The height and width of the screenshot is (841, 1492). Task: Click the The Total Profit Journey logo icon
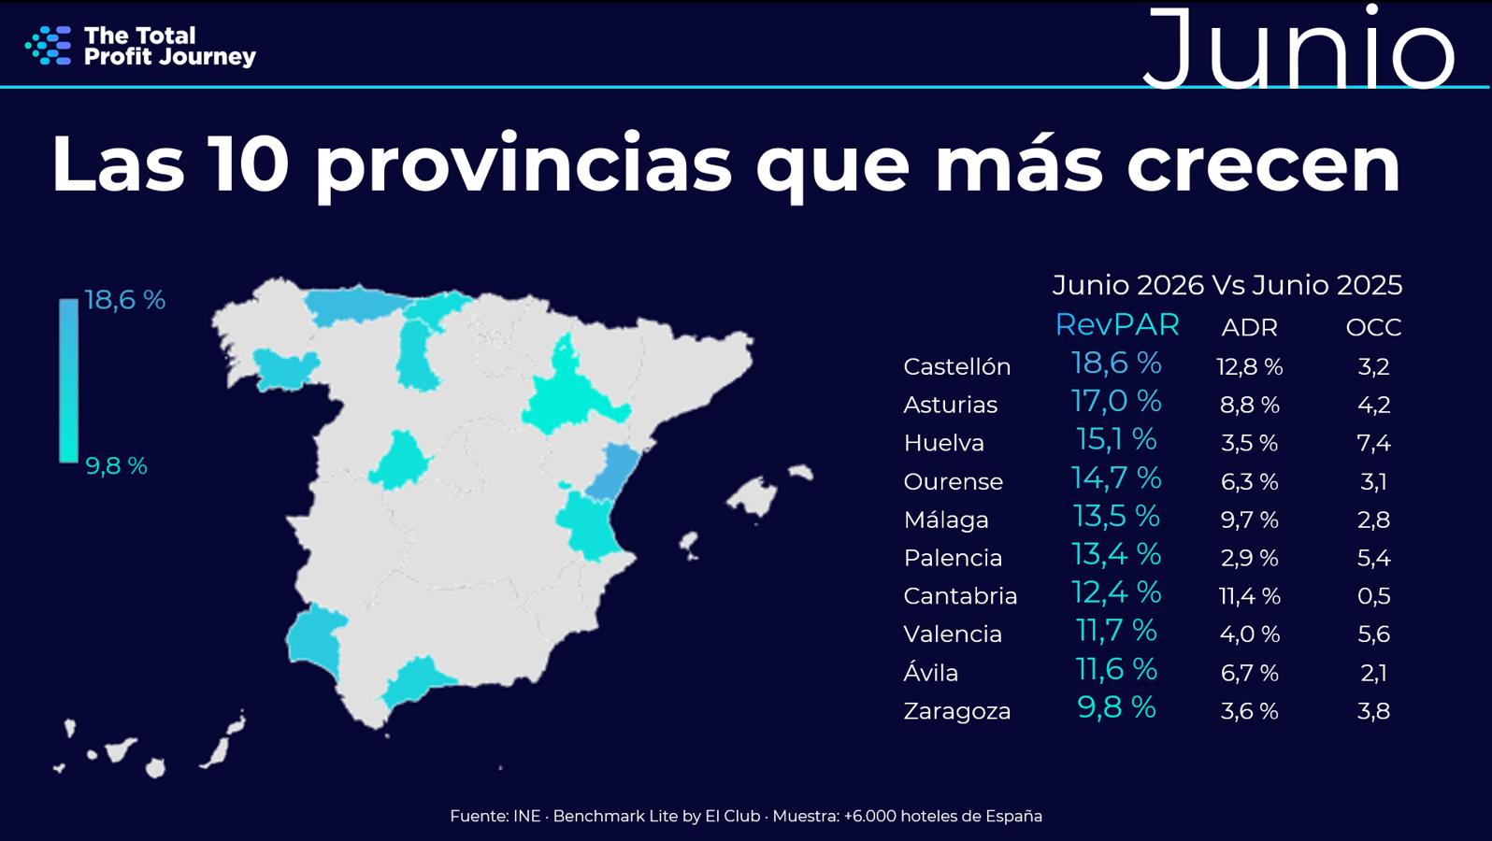[x=48, y=46]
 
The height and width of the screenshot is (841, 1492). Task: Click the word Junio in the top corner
[x=1298, y=48]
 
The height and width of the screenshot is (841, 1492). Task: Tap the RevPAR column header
[x=1117, y=325]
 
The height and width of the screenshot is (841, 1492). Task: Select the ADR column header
[x=1250, y=328]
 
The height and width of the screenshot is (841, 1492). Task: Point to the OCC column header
[x=1373, y=328]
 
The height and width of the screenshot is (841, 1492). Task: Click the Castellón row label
[x=957, y=367]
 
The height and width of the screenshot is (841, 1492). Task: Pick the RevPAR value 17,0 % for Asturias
[x=1116, y=402]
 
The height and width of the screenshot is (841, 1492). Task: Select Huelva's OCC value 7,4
[x=1373, y=443]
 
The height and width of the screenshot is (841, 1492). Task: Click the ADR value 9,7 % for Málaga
[x=1250, y=520]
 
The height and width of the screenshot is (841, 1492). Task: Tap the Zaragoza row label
[x=957, y=711]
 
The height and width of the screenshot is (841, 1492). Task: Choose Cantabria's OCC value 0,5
[x=1373, y=596]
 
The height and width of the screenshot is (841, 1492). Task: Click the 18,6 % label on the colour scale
[x=125, y=300]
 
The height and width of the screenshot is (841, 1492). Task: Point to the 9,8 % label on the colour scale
[x=117, y=466]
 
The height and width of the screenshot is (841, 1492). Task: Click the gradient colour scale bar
[x=68, y=380]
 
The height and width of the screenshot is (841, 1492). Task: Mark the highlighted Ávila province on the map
[x=400, y=461]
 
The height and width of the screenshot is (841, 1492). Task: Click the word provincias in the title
[x=524, y=166]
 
